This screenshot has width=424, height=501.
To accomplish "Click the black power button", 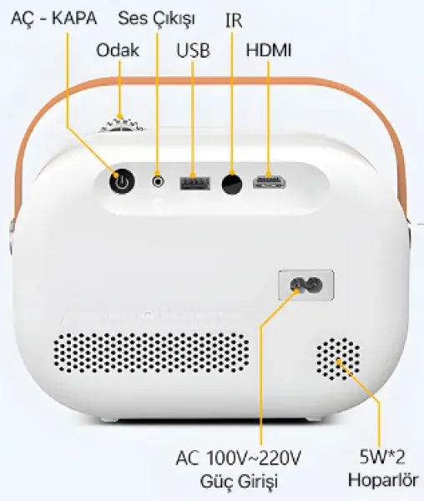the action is (x=122, y=181).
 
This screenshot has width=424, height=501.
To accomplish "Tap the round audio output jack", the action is (x=158, y=182).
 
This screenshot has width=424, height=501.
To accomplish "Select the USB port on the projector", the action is (x=194, y=184).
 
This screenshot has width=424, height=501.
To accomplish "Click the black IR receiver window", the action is (x=232, y=184).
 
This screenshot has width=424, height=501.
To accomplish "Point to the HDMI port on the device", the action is (x=269, y=182).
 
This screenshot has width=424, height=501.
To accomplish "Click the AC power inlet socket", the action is (x=306, y=285).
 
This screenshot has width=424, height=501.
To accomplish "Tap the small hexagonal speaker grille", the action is (x=338, y=358).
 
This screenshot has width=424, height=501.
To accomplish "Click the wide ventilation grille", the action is (x=151, y=352).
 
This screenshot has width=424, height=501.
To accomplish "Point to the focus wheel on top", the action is (x=122, y=124).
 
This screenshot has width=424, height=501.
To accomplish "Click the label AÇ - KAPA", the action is (x=54, y=18).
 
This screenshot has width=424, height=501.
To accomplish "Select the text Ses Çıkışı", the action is (x=156, y=19).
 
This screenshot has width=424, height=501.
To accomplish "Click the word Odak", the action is (x=118, y=50).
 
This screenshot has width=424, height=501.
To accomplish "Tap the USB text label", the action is (x=193, y=50).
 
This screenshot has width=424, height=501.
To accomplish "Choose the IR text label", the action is (x=234, y=20).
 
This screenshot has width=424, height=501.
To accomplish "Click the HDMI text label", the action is (x=269, y=50).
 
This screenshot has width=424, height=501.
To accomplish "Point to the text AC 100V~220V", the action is (x=238, y=458).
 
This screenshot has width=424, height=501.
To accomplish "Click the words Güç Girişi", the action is (x=239, y=481).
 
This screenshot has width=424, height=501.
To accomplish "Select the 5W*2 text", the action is (x=382, y=457).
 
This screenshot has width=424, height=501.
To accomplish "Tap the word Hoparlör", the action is (x=383, y=480).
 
